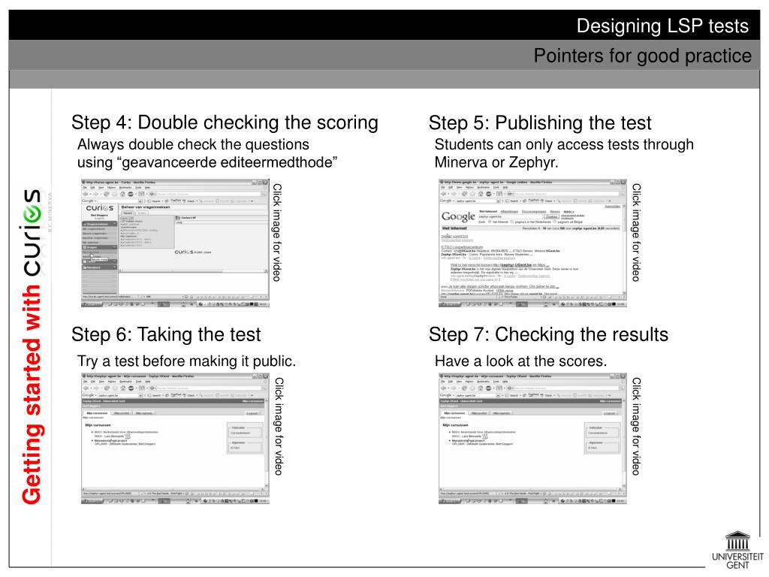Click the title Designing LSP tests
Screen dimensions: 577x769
point(662,26)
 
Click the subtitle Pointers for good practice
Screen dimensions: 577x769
point(642,56)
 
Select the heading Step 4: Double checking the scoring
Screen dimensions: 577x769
point(225,122)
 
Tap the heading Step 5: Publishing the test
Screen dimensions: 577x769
point(540,122)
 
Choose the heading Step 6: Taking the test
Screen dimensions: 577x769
point(166,334)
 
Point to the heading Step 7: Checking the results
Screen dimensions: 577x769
point(548,334)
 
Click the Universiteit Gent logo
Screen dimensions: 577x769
point(736,550)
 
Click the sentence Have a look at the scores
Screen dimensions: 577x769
point(520,361)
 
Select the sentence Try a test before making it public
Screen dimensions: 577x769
point(186,361)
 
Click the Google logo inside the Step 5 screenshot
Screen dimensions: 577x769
point(457,217)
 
